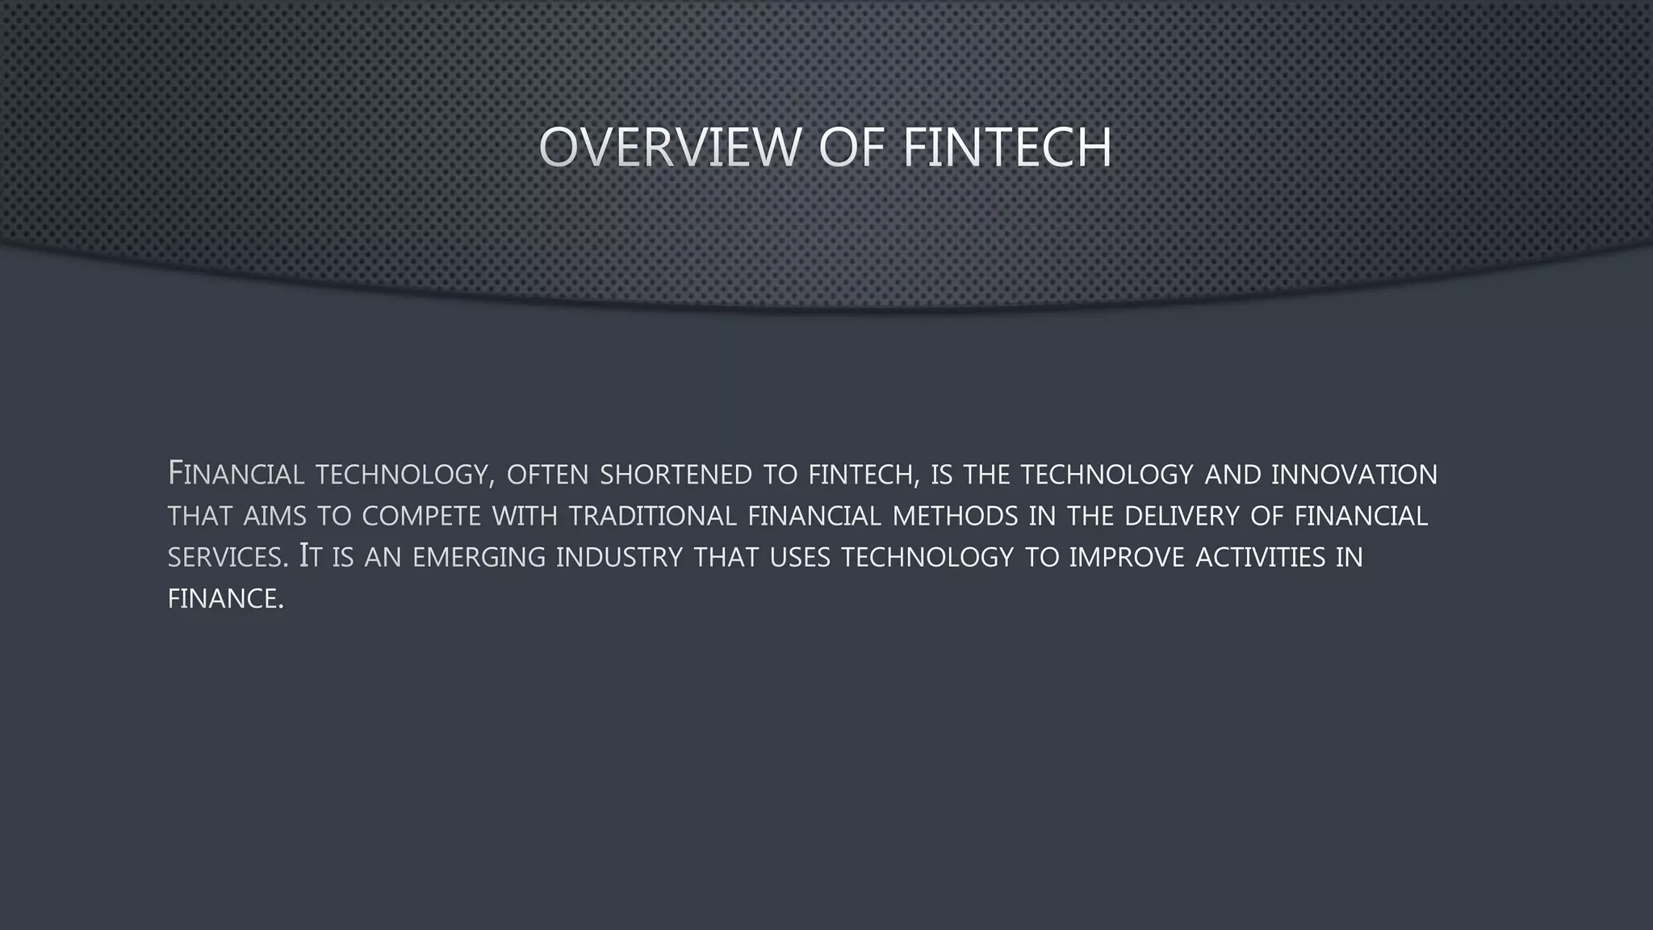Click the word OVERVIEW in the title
(669, 148)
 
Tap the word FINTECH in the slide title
(1006, 148)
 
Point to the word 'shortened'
(676, 475)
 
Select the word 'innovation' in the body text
(1354, 475)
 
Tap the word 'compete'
(421, 517)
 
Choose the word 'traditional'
(653, 517)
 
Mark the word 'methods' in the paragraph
(955, 517)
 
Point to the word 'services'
(226, 558)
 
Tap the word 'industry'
(619, 558)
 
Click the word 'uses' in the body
(799, 558)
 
